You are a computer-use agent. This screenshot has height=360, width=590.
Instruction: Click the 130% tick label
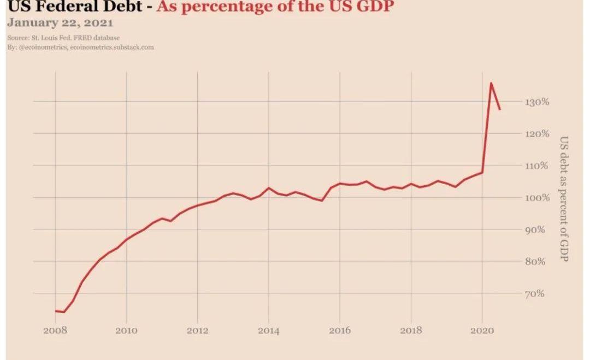[x=537, y=102]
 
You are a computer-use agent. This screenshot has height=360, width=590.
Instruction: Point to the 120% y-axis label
[x=537, y=134]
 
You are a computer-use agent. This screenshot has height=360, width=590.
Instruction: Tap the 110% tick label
[x=536, y=166]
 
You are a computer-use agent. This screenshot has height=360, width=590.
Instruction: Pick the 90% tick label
[x=535, y=230]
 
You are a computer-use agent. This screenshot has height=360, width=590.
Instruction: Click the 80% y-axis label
[x=535, y=262]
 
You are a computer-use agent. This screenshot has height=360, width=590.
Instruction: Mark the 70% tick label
[x=535, y=293]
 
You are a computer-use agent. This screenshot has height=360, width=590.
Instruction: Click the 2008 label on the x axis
[x=55, y=331]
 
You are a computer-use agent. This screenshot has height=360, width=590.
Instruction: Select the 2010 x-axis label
[x=126, y=331]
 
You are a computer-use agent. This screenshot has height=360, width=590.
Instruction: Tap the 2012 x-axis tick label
[x=198, y=331]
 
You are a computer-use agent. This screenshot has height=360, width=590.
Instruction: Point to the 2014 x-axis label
[x=269, y=331]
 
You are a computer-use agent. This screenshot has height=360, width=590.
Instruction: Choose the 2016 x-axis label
[x=340, y=331]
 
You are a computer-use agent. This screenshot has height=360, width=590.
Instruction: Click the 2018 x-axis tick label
[x=411, y=331]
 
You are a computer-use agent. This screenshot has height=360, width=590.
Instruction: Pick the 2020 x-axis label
[x=482, y=331]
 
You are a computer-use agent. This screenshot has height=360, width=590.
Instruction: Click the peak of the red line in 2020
[x=491, y=83]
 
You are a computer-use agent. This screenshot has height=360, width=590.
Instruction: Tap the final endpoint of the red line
[x=500, y=109]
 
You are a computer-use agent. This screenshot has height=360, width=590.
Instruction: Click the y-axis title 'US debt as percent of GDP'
[x=564, y=199]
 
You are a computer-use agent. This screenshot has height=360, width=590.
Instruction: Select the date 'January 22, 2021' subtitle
[x=60, y=23]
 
